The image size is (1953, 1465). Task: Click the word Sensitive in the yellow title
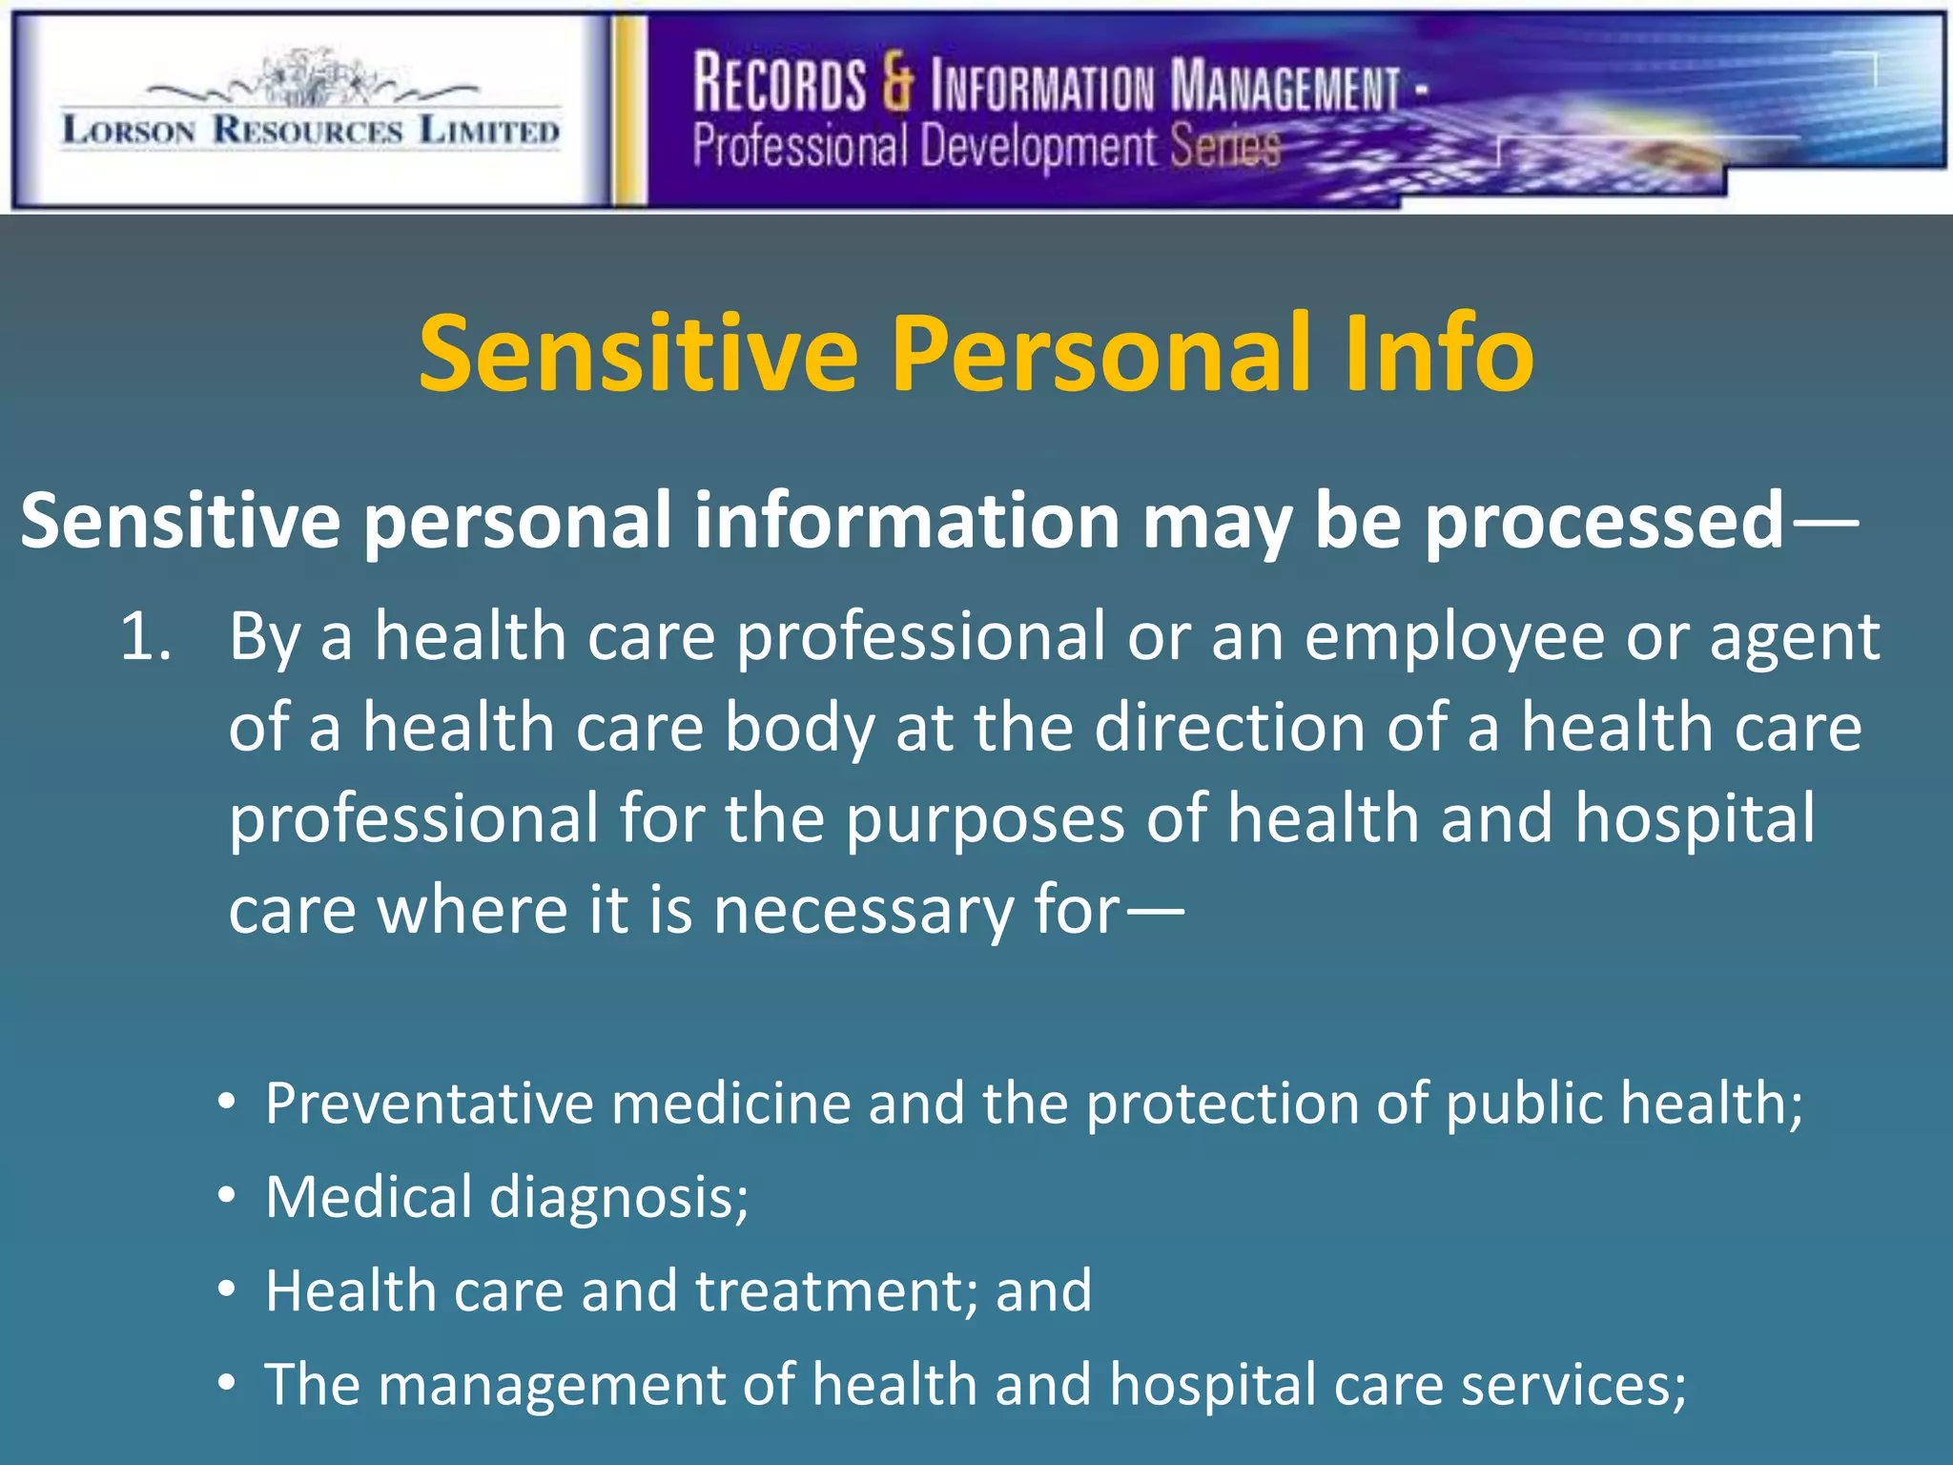(x=638, y=354)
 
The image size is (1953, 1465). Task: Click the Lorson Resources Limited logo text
(x=310, y=131)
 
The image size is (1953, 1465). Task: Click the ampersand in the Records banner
(x=896, y=83)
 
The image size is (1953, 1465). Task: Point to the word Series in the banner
(x=1224, y=148)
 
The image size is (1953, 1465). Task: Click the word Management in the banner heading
(x=1285, y=86)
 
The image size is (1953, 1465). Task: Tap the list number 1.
(x=145, y=637)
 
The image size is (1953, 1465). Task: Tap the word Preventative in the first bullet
(x=429, y=1104)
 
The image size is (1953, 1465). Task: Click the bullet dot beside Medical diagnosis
(x=226, y=1196)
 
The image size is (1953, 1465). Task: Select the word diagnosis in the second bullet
(x=619, y=1198)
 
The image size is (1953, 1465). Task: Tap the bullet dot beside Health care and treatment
(x=226, y=1290)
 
